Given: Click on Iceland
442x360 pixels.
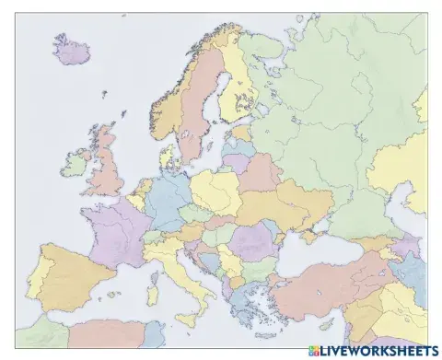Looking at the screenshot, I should (x=70, y=50).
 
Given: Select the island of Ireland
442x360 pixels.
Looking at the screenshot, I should (x=76, y=165).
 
